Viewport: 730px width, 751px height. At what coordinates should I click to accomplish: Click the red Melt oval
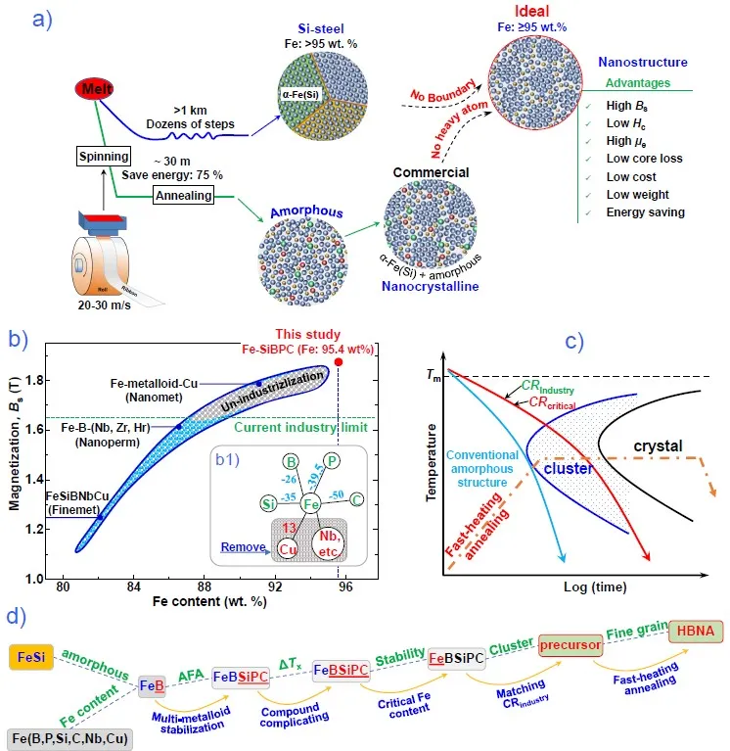(89, 91)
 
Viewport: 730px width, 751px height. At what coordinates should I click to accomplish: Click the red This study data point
(338, 362)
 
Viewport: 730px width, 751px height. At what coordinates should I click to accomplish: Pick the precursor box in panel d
(565, 643)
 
